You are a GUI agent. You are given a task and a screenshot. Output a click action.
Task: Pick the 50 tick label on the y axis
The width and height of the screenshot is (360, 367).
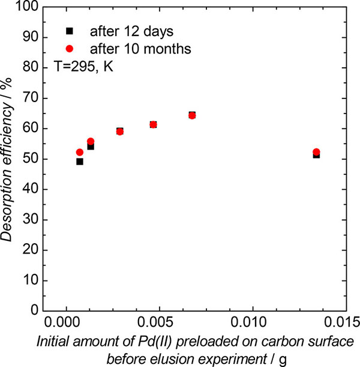click(32, 159)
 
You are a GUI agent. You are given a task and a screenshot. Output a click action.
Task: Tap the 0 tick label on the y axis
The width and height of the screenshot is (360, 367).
click(35, 311)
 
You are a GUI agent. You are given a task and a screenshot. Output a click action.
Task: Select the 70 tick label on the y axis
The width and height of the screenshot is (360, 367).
click(32, 99)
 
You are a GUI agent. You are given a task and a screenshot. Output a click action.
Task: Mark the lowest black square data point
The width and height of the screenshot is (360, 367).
click(79, 162)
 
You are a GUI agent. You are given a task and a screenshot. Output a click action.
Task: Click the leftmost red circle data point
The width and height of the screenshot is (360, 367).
click(79, 153)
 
